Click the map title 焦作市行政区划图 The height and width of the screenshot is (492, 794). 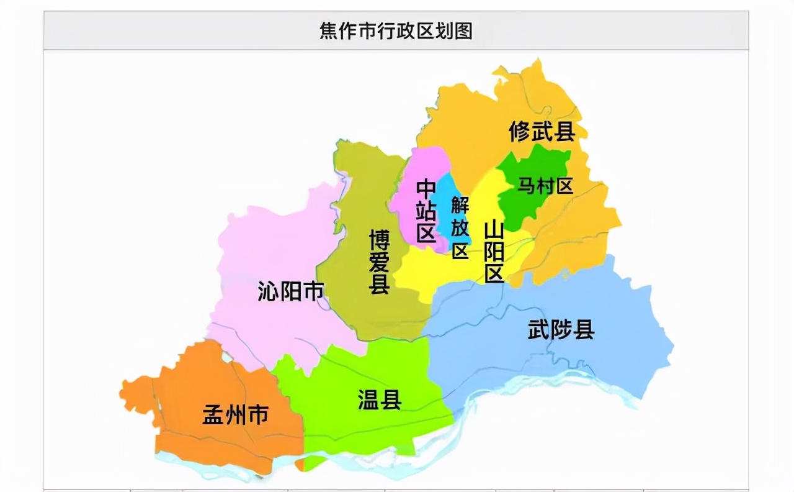click(x=396, y=31)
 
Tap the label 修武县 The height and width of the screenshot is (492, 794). click(x=542, y=132)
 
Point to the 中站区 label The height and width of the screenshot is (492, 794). click(x=426, y=211)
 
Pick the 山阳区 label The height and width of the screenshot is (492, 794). click(x=494, y=252)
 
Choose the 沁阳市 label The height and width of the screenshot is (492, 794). click(x=291, y=291)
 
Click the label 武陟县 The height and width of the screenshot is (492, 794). click(x=561, y=329)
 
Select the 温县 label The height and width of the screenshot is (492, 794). click(x=380, y=400)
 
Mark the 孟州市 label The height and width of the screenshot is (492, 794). click(x=235, y=414)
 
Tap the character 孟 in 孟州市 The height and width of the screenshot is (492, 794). click(x=213, y=414)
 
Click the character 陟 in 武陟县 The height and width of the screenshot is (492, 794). click(x=561, y=329)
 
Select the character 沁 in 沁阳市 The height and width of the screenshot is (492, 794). click(x=268, y=291)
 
